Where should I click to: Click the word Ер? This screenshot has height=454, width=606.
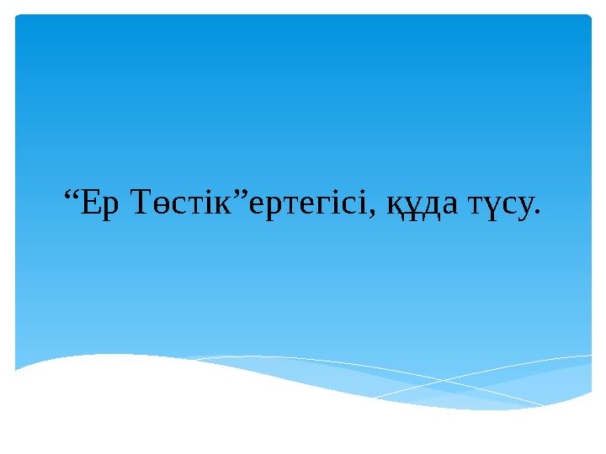99,203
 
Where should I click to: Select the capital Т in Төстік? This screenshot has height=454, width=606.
144,202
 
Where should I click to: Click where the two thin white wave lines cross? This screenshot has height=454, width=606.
439,381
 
